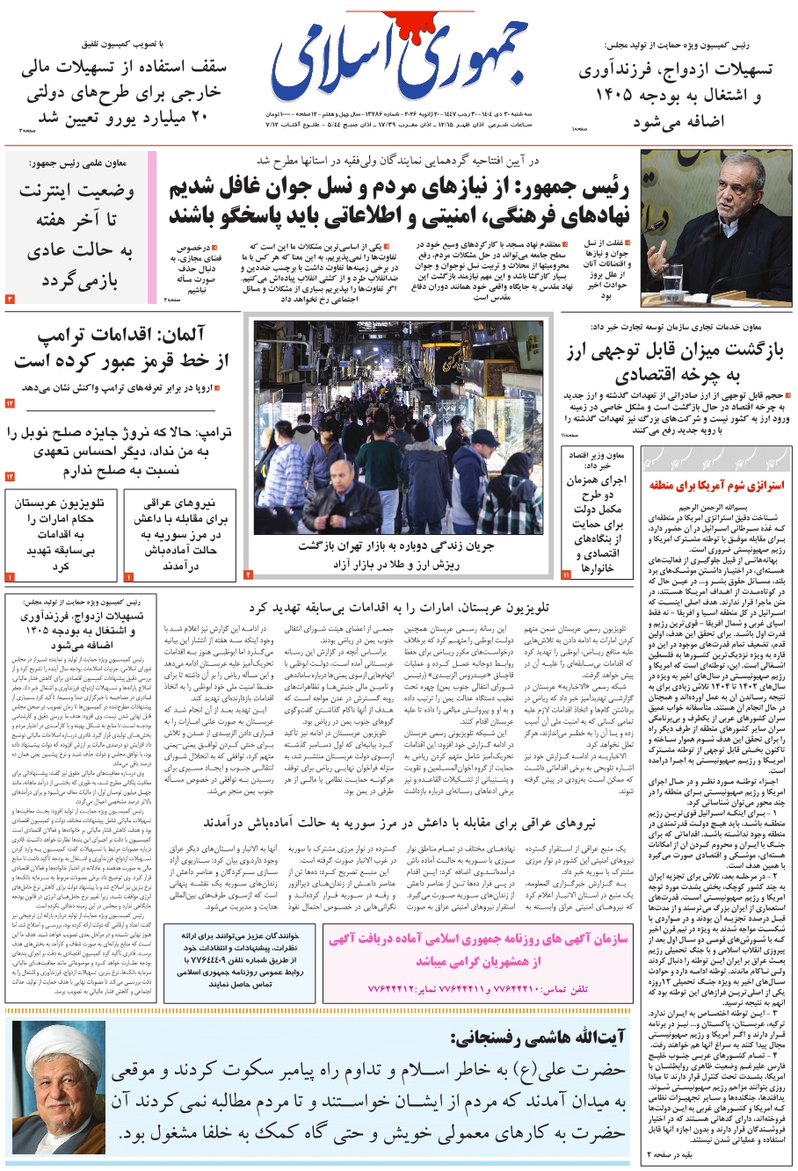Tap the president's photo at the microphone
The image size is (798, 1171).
click(716, 228)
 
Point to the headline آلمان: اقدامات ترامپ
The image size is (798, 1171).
click(121, 348)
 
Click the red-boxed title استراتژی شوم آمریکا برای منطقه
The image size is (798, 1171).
click(717, 485)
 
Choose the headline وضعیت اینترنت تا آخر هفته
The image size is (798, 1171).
click(77, 235)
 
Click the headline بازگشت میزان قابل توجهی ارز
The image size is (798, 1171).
click(674, 363)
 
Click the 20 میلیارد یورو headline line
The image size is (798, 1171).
click(123, 117)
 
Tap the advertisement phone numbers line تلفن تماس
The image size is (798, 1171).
click(479, 989)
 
